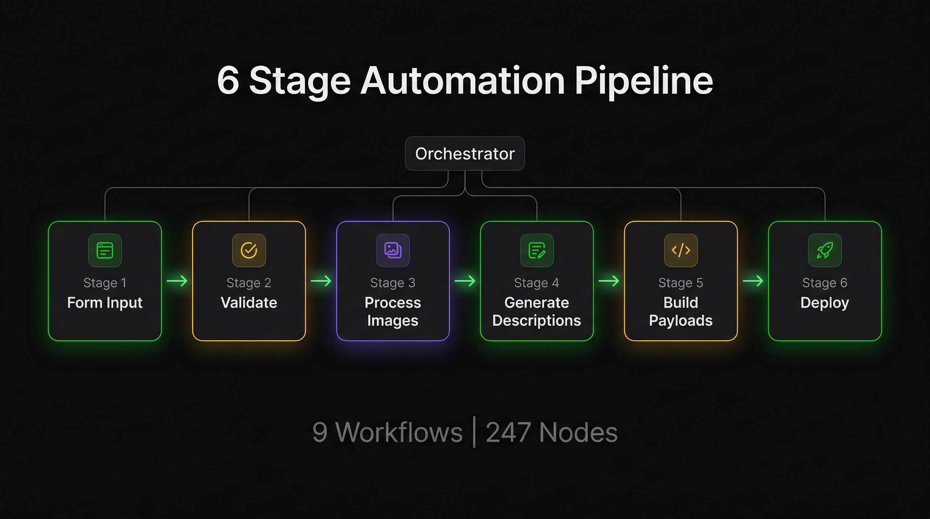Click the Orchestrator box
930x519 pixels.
(465, 153)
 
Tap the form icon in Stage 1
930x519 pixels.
(105, 250)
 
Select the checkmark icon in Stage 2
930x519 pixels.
(249, 250)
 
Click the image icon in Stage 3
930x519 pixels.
(393, 250)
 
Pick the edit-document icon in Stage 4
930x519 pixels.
(537, 250)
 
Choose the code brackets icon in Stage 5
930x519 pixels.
(681, 250)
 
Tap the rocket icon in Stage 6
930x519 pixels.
(825, 250)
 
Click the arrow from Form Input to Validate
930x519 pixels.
(177, 281)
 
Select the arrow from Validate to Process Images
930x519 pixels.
(321, 281)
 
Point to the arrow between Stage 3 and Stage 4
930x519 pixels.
(465, 281)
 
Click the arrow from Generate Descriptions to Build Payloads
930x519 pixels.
(609, 281)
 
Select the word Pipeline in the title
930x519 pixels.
(644, 81)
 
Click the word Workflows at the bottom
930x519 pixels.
(398, 432)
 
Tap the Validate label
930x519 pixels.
(249, 302)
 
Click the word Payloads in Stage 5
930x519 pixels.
(681, 321)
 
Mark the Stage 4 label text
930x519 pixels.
(537, 282)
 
